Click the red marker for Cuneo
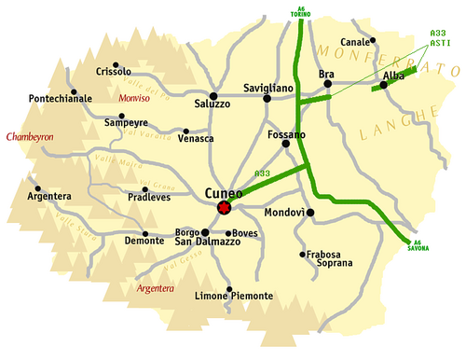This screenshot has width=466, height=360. tap(224, 207)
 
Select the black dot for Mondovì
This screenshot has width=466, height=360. tap(310, 213)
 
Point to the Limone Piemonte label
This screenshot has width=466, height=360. tap(233, 296)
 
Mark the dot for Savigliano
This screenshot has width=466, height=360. tap(267, 97)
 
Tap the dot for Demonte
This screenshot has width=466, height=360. tap(145, 233)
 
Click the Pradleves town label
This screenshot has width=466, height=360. tap(149, 199)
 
